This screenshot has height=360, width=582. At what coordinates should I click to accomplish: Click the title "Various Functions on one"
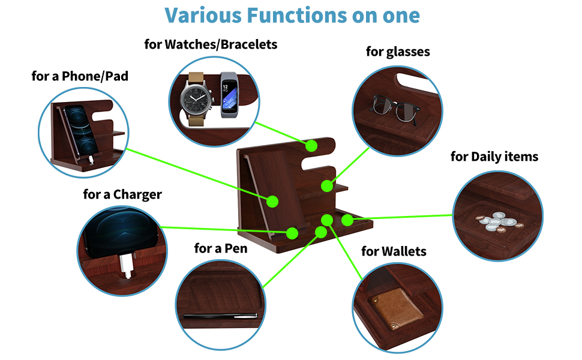click(292, 15)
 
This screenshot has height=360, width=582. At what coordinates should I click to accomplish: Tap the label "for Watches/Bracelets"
click(211, 44)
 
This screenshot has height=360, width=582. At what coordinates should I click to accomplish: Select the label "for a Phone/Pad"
click(80, 76)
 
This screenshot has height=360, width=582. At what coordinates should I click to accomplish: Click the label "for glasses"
click(398, 52)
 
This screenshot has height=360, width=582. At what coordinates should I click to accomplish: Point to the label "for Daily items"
click(494, 157)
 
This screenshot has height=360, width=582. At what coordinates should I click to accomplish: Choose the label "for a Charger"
click(122, 194)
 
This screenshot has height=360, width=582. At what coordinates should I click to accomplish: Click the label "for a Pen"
click(221, 248)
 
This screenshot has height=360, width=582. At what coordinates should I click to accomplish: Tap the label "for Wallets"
click(394, 251)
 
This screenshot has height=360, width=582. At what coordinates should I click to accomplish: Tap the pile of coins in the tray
click(498, 221)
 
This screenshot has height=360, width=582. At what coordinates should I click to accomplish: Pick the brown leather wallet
click(394, 307)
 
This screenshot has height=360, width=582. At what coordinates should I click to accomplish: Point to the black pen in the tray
click(220, 316)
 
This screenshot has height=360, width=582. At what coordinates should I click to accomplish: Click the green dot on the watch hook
click(311, 145)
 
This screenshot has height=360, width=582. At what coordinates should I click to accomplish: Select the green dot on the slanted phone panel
click(272, 201)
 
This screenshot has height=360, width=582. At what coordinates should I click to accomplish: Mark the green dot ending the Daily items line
click(347, 220)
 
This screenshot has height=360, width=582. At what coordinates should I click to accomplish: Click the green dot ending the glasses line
click(327, 185)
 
